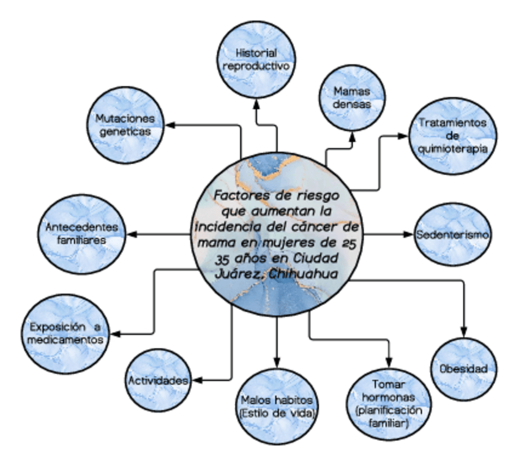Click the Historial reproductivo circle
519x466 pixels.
click(256, 59)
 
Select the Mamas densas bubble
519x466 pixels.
click(354, 97)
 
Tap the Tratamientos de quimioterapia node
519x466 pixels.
click(453, 135)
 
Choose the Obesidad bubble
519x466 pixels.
click(463, 369)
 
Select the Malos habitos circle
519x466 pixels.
click(277, 406)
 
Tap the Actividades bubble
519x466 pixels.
click(157, 380)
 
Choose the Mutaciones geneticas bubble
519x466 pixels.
click(125, 125)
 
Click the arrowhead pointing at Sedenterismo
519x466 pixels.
click(409, 234)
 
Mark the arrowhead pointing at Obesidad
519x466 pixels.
click(464, 331)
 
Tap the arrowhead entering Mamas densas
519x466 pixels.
click(353, 135)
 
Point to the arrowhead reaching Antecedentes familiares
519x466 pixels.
click(130, 234)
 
